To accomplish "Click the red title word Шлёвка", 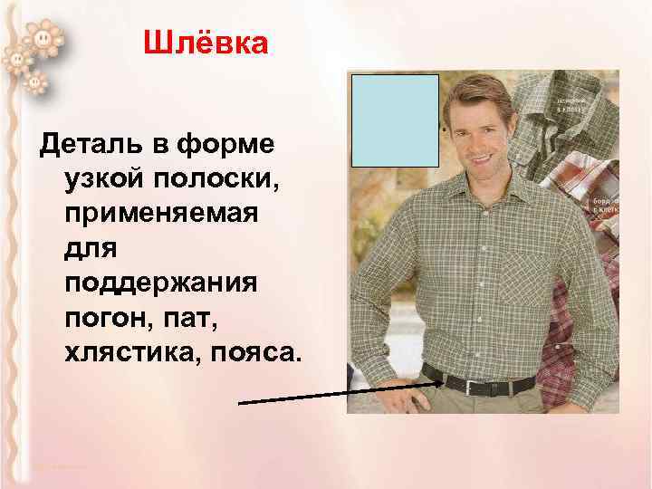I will tap(206, 43).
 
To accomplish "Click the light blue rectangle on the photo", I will tap(395, 120).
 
